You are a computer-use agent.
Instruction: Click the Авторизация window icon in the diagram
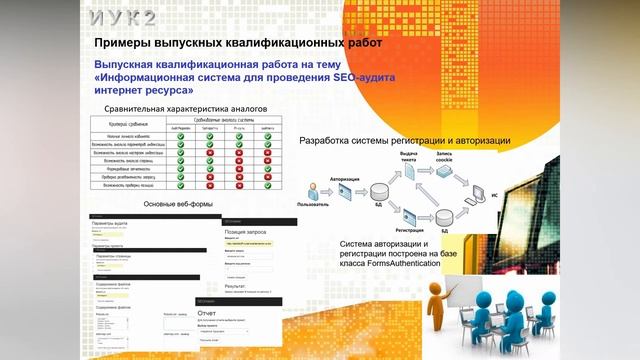[339, 186]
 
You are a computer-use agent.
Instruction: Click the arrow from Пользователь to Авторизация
[324, 189]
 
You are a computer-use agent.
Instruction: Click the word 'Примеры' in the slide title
[123, 44]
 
